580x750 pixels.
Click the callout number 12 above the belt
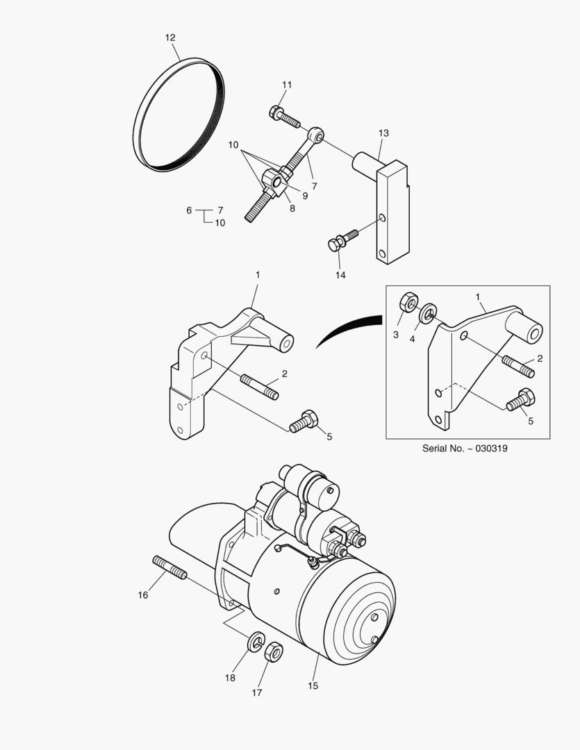coord(170,37)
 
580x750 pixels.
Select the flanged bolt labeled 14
coord(342,240)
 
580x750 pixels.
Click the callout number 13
coord(383,133)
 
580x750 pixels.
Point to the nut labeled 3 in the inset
coord(408,303)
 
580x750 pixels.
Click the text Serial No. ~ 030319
coord(464,449)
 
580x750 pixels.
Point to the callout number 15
coord(313,686)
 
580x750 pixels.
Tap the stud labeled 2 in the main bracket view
coord(260,386)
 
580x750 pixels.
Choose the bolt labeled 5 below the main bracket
coord(303,421)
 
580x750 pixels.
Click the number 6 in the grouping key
coord(188,210)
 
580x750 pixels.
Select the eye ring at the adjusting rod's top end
coord(316,135)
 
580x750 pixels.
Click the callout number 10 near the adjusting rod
coord(233,145)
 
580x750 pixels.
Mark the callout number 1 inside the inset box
coord(478,297)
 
